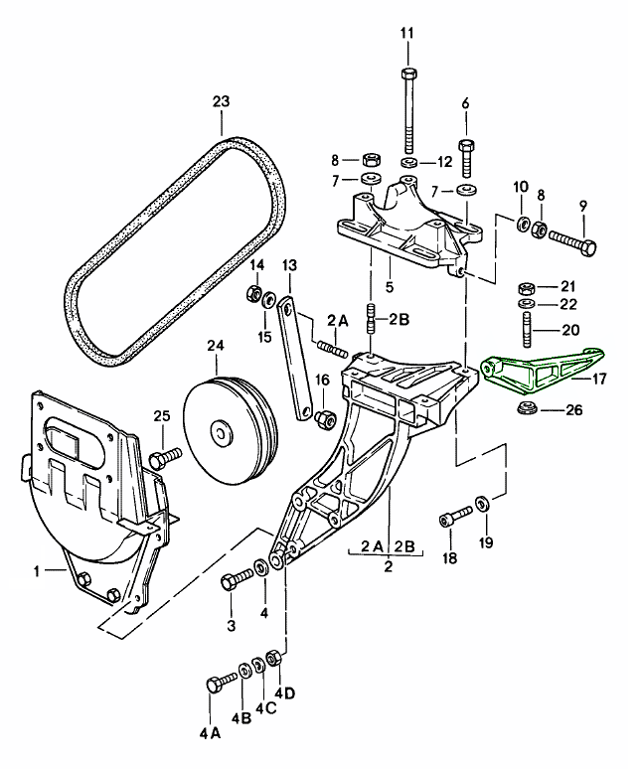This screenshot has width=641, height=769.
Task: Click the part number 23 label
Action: tap(221, 101)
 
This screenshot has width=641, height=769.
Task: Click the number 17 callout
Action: tap(601, 378)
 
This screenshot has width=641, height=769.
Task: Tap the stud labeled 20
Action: tap(524, 328)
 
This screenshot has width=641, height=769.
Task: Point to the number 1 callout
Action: tap(37, 571)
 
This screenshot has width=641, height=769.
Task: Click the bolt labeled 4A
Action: tap(218, 685)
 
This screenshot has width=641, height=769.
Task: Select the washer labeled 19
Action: tap(481, 503)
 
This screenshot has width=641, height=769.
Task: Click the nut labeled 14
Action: tap(253, 294)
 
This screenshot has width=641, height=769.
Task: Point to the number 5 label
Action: tap(388, 288)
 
